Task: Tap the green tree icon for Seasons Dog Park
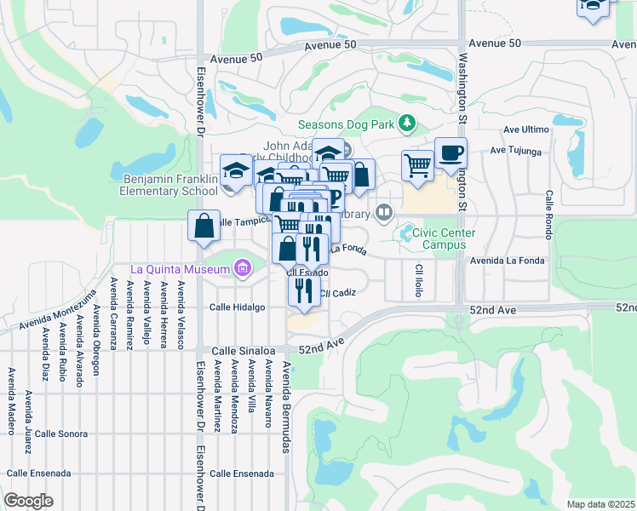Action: pyautogui.click(x=407, y=124)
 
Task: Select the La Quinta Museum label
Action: pyautogui.click(x=181, y=269)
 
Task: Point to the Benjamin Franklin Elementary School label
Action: pyautogui.click(x=170, y=186)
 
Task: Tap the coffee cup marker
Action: pyautogui.click(x=450, y=154)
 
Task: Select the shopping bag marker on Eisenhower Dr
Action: pyautogui.click(x=204, y=227)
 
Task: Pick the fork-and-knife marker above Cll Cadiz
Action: pyautogui.click(x=303, y=290)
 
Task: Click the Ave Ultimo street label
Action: pyautogui.click(x=525, y=129)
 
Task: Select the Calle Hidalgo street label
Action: pyautogui.click(x=238, y=307)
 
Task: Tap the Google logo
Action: pyautogui.click(x=28, y=501)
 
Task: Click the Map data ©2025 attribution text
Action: pyautogui.click(x=600, y=504)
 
